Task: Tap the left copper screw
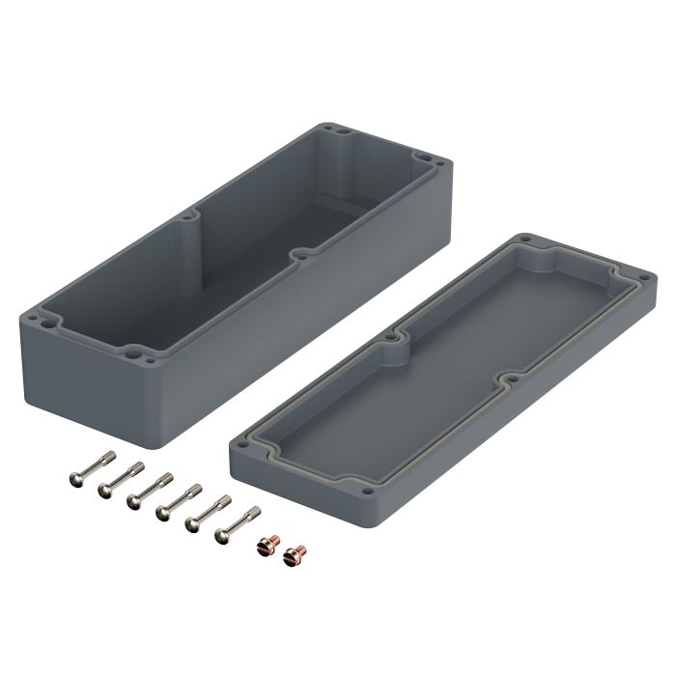(262, 547)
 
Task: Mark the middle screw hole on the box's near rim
(301, 255)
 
